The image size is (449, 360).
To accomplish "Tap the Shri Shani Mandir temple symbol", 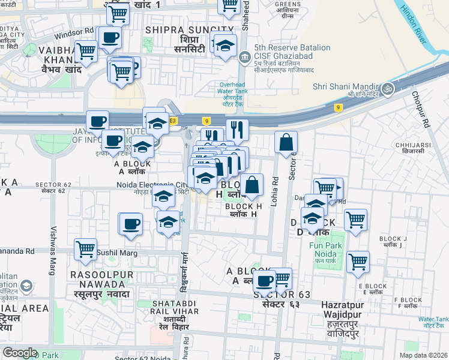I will click(x=388, y=88).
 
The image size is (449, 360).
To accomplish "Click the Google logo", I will click(x=20, y=353).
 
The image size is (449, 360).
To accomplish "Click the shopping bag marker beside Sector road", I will click(x=286, y=143).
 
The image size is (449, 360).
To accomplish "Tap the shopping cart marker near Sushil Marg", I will click(x=85, y=248).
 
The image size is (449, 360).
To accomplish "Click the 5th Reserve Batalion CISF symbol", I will click(x=244, y=58).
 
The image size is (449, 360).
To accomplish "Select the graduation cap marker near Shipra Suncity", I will click(x=225, y=46).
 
